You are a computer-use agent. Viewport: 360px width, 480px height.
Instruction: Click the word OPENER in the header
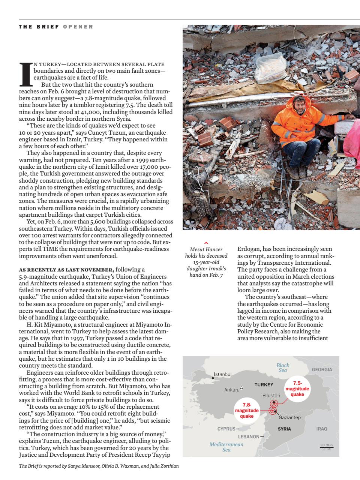[78, 27]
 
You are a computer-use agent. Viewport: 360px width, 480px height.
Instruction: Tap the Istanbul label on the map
[223, 374]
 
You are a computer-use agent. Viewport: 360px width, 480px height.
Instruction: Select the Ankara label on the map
[232, 390]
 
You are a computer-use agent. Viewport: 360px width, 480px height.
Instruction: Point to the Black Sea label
[283, 367]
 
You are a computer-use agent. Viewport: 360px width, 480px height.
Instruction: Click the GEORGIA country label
[322, 369]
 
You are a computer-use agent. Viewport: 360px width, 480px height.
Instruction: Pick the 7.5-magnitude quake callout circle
[297, 389]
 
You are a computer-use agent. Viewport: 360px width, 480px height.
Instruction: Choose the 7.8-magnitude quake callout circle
[247, 410]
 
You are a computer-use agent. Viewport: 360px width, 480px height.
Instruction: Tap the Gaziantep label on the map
[289, 417]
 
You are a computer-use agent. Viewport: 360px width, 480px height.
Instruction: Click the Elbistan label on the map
[271, 396]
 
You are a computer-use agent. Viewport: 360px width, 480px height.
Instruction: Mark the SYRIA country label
[284, 429]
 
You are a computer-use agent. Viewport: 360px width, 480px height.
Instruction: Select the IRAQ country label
[322, 429]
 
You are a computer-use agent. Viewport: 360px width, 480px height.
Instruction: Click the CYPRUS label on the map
[226, 429]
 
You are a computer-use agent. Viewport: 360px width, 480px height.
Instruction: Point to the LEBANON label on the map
[249, 436]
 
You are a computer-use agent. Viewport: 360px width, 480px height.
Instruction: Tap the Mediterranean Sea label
[226, 447]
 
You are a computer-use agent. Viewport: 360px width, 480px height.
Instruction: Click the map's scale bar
[326, 447]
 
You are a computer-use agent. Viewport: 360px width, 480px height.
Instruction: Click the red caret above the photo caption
[206, 243]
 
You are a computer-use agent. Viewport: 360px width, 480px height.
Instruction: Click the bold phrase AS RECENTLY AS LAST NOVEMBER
[66, 270]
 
